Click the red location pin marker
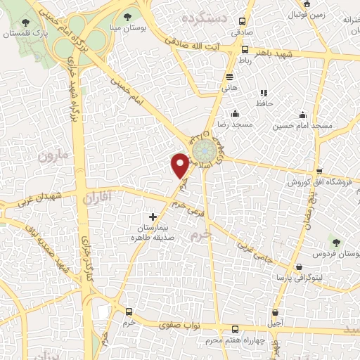[181, 165]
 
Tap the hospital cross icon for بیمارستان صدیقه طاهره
[153, 217]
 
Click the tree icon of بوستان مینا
[127, 16]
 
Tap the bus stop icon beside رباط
[245, 49]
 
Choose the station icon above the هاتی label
[230, 77]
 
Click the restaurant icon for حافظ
[264, 93]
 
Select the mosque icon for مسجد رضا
[235, 114]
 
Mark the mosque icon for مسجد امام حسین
[303, 115]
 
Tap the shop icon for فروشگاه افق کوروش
[319, 171]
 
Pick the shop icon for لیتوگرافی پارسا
[300, 267]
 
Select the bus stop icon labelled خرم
[128, 311]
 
